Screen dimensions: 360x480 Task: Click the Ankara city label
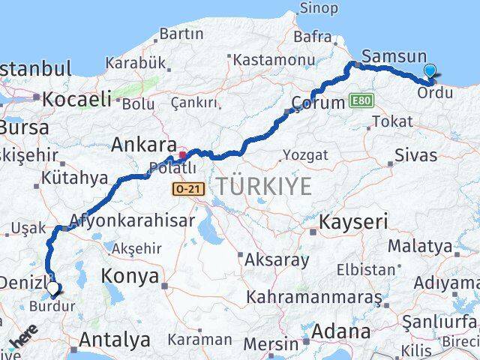click(x=139, y=145)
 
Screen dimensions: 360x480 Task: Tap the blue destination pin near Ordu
click(x=430, y=72)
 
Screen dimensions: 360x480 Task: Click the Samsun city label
click(x=393, y=56)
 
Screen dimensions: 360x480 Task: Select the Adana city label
click(x=342, y=331)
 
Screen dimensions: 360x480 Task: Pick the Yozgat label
click(x=305, y=155)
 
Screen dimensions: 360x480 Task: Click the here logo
click(x=22, y=339)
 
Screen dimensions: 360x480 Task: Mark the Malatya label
click(x=420, y=246)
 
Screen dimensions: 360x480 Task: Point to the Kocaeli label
click(x=77, y=98)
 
